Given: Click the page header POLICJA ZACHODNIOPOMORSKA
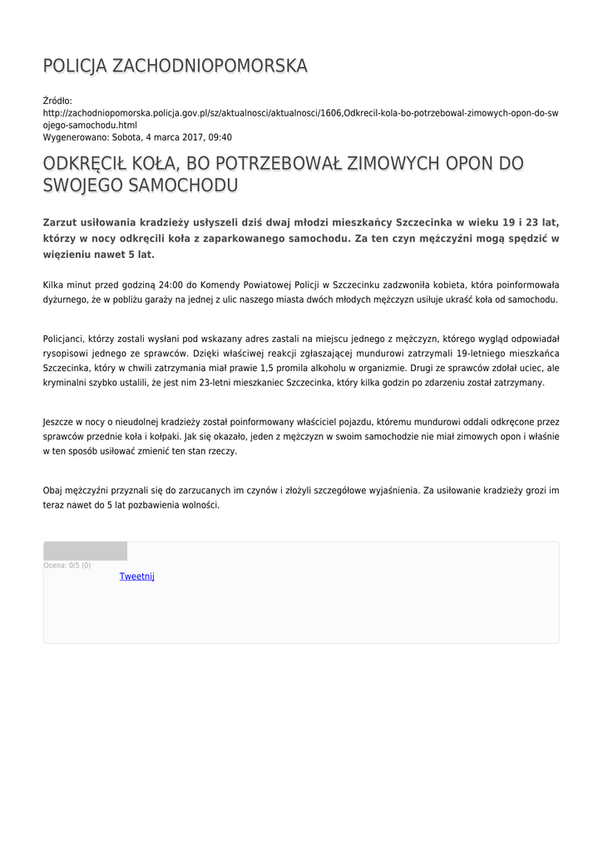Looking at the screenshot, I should (x=175, y=66).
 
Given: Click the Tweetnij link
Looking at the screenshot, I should (x=137, y=577).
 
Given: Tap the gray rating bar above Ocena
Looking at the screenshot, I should (x=86, y=551).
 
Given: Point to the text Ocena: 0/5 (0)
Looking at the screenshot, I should (x=67, y=566).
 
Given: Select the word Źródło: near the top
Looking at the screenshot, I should (x=58, y=101).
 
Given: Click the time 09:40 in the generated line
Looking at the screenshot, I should (x=220, y=137).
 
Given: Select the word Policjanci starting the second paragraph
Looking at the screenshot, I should (x=67, y=339).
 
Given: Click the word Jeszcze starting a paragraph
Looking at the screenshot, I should (x=62, y=423).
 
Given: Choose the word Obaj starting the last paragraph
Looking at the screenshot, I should (x=53, y=491).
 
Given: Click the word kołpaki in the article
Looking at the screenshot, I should (x=182, y=436).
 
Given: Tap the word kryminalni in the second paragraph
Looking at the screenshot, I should (x=66, y=382).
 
